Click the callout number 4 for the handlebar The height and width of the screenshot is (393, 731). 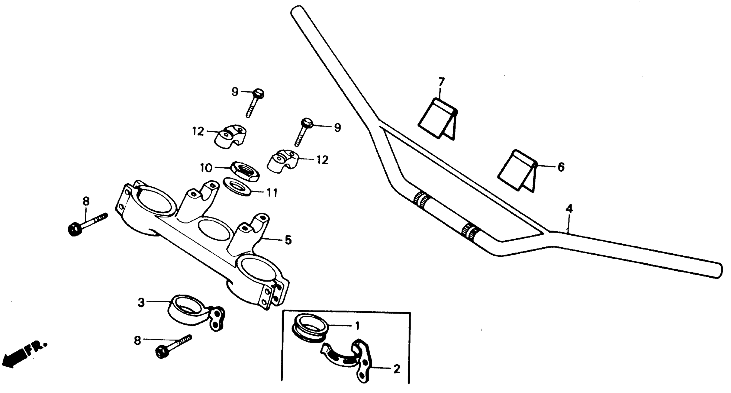tap(569, 209)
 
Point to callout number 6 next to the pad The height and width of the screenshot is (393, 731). tap(561, 167)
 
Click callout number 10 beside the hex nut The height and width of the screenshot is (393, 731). tap(206, 168)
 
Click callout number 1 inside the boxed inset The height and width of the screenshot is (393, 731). tap(357, 326)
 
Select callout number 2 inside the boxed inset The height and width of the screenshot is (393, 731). tap(396, 369)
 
